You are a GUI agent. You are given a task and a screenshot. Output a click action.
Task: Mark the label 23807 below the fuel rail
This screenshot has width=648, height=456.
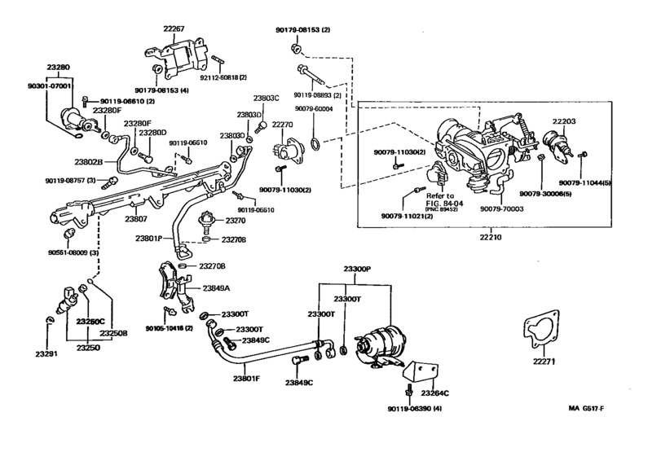135,220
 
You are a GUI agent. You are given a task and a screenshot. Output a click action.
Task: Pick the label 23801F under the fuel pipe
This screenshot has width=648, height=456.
245,379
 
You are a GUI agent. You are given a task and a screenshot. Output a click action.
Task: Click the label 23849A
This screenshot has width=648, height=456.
216,288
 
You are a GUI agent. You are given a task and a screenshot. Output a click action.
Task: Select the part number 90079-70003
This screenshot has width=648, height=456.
503,208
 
